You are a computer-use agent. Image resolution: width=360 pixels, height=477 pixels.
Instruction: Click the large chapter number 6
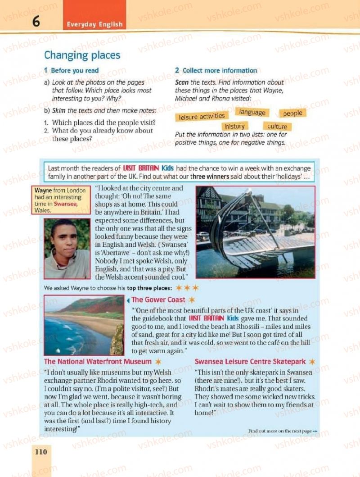pyautogui.click(x=36, y=21)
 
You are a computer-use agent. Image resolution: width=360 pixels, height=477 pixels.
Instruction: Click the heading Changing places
pyautogui.click(x=82, y=55)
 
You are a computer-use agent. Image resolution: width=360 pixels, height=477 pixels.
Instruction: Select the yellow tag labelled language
pyautogui.click(x=252, y=112)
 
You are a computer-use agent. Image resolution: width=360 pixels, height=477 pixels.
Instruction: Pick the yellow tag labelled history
pyautogui.click(x=234, y=126)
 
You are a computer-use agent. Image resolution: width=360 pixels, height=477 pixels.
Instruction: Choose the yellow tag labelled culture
pyautogui.click(x=277, y=127)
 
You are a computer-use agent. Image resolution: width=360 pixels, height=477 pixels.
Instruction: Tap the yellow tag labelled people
pyautogui.click(x=292, y=113)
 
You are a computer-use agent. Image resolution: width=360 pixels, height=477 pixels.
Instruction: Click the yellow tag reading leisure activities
pyautogui.click(x=202, y=117)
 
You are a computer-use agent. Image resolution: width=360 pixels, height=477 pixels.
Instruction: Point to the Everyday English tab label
pyautogui.click(x=94, y=24)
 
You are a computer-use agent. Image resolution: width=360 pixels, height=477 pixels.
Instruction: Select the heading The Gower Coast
pyautogui.click(x=158, y=300)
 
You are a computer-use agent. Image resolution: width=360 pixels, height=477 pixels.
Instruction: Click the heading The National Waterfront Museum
pyautogui.click(x=98, y=361)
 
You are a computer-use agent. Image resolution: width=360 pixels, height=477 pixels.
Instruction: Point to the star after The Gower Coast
pyautogui.click(x=192, y=300)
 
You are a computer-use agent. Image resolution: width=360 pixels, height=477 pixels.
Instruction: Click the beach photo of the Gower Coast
pyautogui.click(x=84, y=325)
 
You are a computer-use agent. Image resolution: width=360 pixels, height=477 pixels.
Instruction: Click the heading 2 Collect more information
pyautogui.click(x=216, y=71)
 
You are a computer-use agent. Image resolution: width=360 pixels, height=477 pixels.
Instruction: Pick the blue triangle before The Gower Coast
pyautogui.click(x=128, y=300)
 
